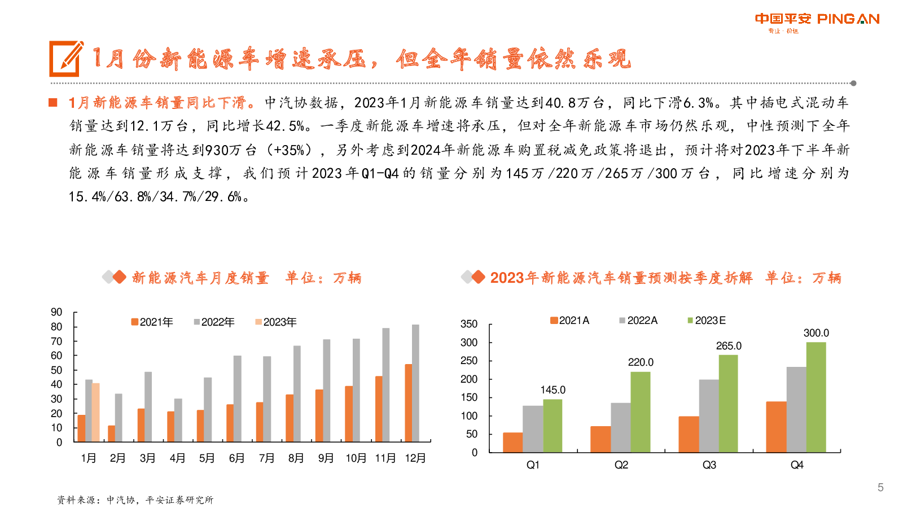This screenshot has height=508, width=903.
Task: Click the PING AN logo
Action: [817, 21]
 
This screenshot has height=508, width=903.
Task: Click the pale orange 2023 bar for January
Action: [96, 412]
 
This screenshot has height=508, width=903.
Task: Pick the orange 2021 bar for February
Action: [112, 433]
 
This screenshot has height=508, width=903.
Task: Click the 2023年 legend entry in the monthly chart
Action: [276, 322]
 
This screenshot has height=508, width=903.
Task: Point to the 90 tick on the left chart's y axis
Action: [56, 312]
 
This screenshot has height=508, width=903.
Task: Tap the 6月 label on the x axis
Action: [236, 458]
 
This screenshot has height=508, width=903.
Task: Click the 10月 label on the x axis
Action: [356, 458]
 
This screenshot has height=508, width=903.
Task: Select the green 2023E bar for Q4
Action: [816, 397]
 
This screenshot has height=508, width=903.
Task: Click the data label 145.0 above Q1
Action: [553, 390]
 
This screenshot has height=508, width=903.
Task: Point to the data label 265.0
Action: [729, 346]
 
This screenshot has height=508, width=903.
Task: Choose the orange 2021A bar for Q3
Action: [689, 434]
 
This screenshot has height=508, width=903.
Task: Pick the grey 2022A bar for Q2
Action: [620, 427]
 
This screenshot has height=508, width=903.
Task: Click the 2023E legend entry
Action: [707, 321]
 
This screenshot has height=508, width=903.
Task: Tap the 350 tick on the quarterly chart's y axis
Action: [469, 324]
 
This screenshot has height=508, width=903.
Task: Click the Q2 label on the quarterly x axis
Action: [621, 465]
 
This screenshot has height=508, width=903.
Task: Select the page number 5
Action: [880, 488]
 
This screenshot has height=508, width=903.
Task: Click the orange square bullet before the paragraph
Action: [53, 103]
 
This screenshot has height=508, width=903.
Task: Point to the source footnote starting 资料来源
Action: [135, 500]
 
